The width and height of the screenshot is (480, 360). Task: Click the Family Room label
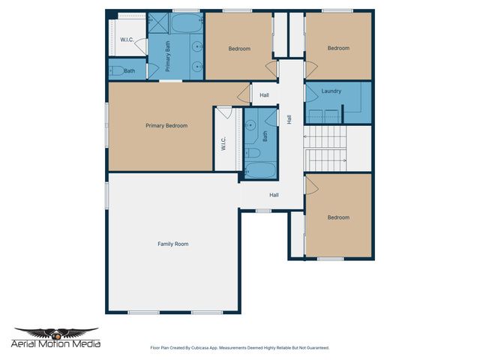[x=172, y=244]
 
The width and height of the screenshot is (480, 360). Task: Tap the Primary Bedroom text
[x=166, y=125]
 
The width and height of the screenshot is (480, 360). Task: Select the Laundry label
[x=331, y=91]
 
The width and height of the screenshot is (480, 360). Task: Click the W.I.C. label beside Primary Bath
[x=127, y=40]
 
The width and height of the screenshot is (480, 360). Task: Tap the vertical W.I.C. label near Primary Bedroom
[x=223, y=142]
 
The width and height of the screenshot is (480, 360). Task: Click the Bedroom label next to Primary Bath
[x=239, y=49]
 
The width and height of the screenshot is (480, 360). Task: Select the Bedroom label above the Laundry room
[x=338, y=48]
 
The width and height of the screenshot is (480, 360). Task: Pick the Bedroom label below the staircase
[x=338, y=217]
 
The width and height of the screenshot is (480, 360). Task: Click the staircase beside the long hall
[x=326, y=148]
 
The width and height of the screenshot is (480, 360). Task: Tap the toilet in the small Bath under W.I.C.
[x=116, y=71]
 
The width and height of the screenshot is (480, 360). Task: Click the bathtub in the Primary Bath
[x=186, y=23]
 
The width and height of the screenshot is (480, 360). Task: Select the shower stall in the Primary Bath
[x=158, y=22]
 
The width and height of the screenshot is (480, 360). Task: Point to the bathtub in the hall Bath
[x=259, y=169]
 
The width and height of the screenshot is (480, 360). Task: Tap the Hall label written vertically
[x=289, y=118]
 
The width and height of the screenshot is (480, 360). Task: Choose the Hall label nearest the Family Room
[x=274, y=195]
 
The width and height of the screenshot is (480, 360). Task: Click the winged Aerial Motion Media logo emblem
[x=56, y=333]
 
